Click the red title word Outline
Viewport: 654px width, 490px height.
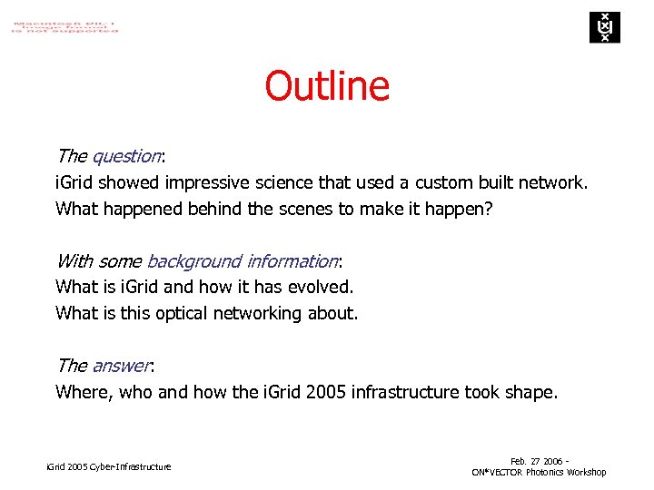coord(327,86)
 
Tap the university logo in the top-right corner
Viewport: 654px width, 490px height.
coord(602,27)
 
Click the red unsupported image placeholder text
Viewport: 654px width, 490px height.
coord(64,25)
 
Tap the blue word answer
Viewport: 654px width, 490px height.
coord(121,366)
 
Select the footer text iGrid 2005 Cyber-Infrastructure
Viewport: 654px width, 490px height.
coord(108,466)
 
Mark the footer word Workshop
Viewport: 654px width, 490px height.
coord(587,472)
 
